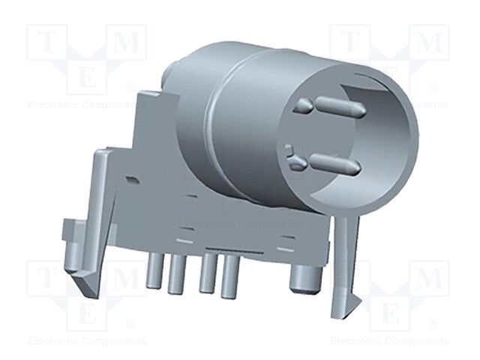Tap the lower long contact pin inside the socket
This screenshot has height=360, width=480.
334,160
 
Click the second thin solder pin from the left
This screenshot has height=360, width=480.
177,275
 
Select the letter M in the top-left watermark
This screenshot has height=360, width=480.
127,43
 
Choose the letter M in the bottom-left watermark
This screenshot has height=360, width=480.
127,279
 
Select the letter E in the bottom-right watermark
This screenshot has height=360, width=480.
390,313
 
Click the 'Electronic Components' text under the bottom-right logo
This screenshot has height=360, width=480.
390,341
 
